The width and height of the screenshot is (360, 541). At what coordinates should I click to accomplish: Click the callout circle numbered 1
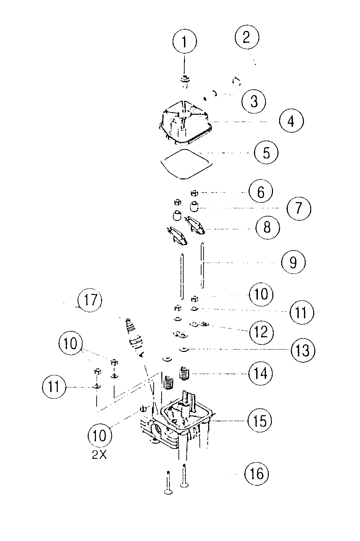[x=184, y=42]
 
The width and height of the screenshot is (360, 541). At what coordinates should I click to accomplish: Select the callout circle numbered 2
[x=247, y=37]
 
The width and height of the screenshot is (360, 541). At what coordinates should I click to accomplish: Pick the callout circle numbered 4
[x=291, y=121]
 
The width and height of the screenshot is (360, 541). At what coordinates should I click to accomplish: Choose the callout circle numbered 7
[x=298, y=208]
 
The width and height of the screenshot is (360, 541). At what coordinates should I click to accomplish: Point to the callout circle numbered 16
[x=256, y=474]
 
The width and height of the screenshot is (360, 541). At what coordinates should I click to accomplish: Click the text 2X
[x=99, y=455]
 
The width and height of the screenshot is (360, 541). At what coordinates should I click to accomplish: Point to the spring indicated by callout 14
[x=185, y=373]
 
